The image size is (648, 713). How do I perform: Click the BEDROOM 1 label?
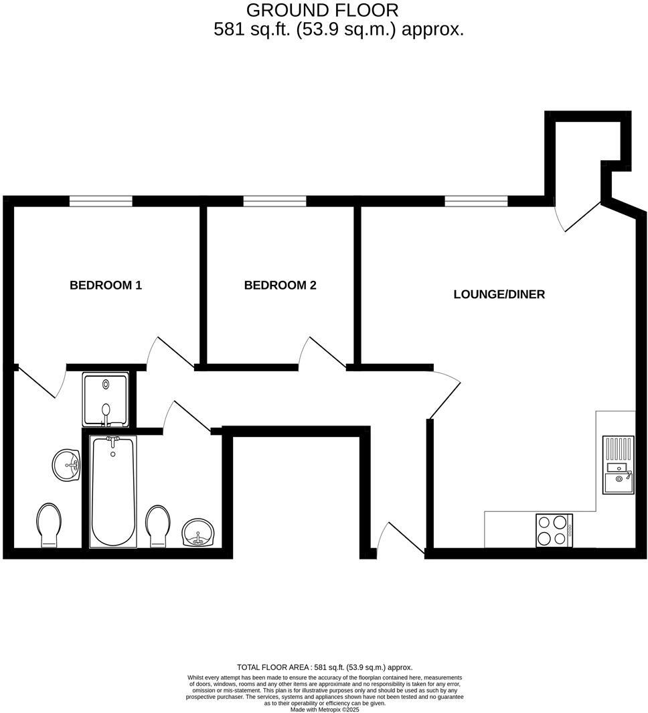106,285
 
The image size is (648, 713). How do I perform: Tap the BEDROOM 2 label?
280,285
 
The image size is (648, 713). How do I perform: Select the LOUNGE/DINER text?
499,294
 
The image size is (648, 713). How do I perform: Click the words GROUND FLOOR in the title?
322,11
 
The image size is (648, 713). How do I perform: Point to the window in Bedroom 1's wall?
101,201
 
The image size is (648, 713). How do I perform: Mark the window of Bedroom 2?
274,201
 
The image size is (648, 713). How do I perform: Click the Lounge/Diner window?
476,201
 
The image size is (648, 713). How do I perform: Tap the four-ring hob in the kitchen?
554,530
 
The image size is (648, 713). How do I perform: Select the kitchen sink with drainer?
618,464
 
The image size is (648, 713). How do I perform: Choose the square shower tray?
106,399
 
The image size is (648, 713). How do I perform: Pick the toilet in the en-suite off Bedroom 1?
48,525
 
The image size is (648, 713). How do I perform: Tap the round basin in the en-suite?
66,464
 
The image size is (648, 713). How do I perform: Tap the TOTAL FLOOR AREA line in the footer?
325,667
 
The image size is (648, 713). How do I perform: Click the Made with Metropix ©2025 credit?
325,709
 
